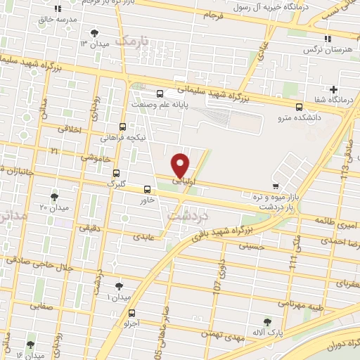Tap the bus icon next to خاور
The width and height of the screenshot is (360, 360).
point(147,189)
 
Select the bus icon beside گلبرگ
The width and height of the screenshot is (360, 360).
point(117,173)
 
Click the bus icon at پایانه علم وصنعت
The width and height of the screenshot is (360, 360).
point(160,94)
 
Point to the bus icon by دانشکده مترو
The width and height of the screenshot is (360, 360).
point(300,107)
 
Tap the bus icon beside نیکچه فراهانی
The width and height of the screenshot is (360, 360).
point(124,127)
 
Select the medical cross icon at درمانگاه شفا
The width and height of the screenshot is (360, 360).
point(334,89)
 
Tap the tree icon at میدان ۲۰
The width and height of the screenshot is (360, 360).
point(55,197)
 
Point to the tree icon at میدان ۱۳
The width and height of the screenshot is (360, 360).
point(95,33)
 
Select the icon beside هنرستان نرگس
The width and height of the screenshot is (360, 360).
point(327,39)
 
